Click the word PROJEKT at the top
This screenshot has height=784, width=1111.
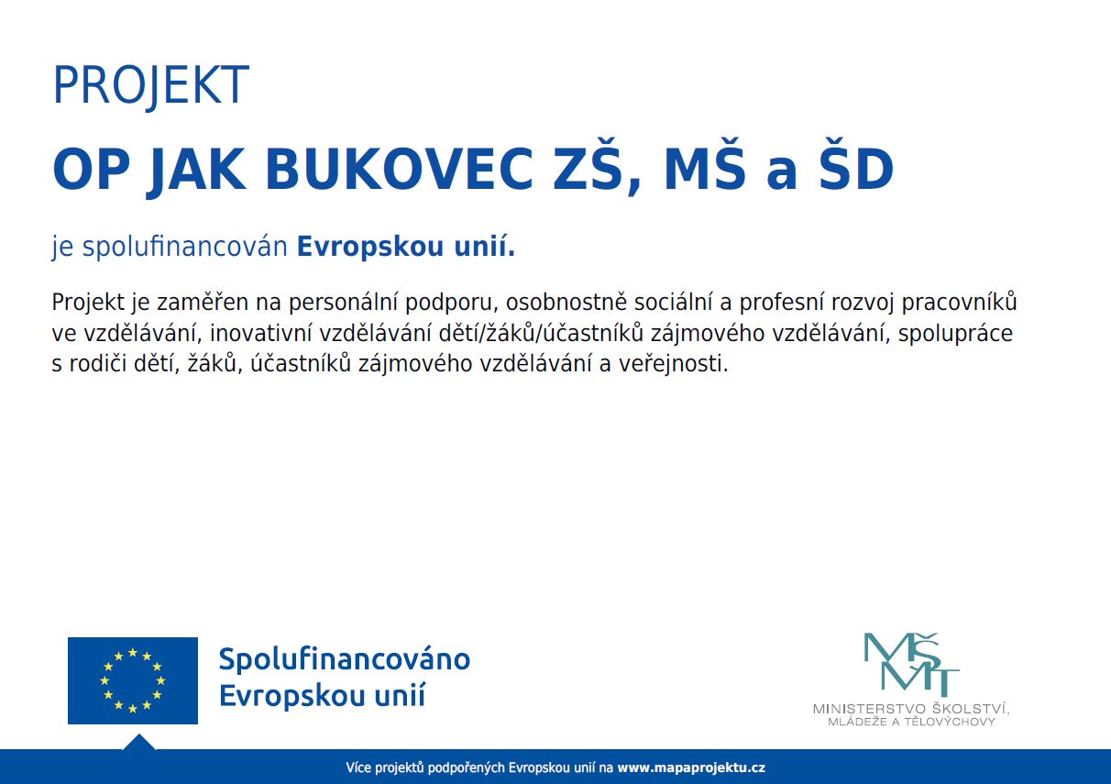[x=150, y=85]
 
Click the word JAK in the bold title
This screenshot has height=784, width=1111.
[x=196, y=171]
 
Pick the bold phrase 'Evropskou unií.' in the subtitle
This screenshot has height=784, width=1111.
[x=406, y=247]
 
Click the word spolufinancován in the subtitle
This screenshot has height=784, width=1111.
[x=185, y=248]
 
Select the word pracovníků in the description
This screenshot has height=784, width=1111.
[x=959, y=303]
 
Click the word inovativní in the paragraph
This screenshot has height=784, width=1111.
[x=261, y=334]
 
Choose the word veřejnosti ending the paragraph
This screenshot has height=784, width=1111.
[x=673, y=365]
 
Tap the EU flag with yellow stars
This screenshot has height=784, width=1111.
[x=132, y=680]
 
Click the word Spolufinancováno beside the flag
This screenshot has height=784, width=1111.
[x=345, y=660]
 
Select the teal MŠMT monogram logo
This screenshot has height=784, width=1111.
[x=911, y=665]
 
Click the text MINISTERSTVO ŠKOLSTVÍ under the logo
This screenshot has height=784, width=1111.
[x=911, y=709]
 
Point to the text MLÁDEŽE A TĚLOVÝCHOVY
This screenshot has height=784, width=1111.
[x=911, y=722]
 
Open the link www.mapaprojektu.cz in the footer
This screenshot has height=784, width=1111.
[x=691, y=767]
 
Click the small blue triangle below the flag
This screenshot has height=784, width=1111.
[x=139, y=743]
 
